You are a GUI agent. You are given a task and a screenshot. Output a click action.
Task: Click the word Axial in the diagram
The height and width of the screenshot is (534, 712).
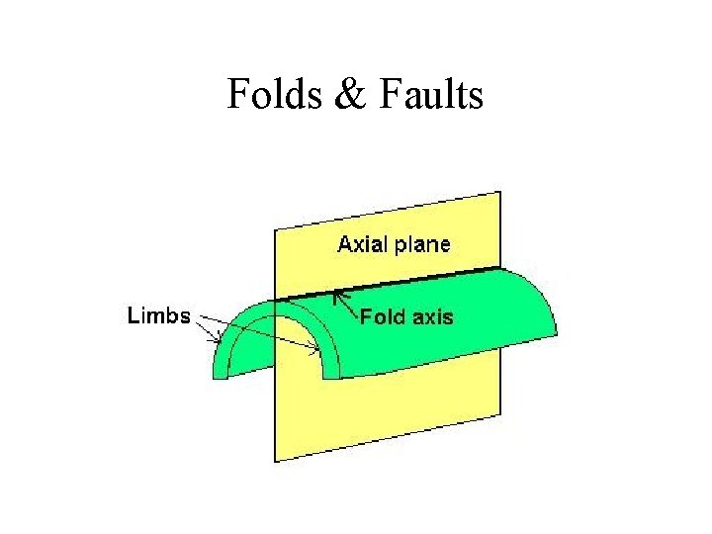click(x=364, y=243)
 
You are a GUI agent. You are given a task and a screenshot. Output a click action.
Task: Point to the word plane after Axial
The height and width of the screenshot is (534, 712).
click(x=422, y=244)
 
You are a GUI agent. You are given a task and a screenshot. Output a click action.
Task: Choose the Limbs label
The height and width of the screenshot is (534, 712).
click(x=158, y=315)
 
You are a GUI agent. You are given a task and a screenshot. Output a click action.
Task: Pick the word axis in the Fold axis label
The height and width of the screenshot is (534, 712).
click(x=432, y=317)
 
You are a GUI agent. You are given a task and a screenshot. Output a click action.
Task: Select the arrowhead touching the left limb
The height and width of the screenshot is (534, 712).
click(x=221, y=342)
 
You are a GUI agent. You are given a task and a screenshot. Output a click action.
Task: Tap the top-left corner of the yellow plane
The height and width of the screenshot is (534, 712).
click(x=276, y=230)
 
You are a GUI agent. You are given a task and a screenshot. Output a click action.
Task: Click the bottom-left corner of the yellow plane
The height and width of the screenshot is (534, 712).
click(x=276, y=461)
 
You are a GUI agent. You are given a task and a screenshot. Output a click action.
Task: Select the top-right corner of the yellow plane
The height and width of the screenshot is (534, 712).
click(x=500, y=192)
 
